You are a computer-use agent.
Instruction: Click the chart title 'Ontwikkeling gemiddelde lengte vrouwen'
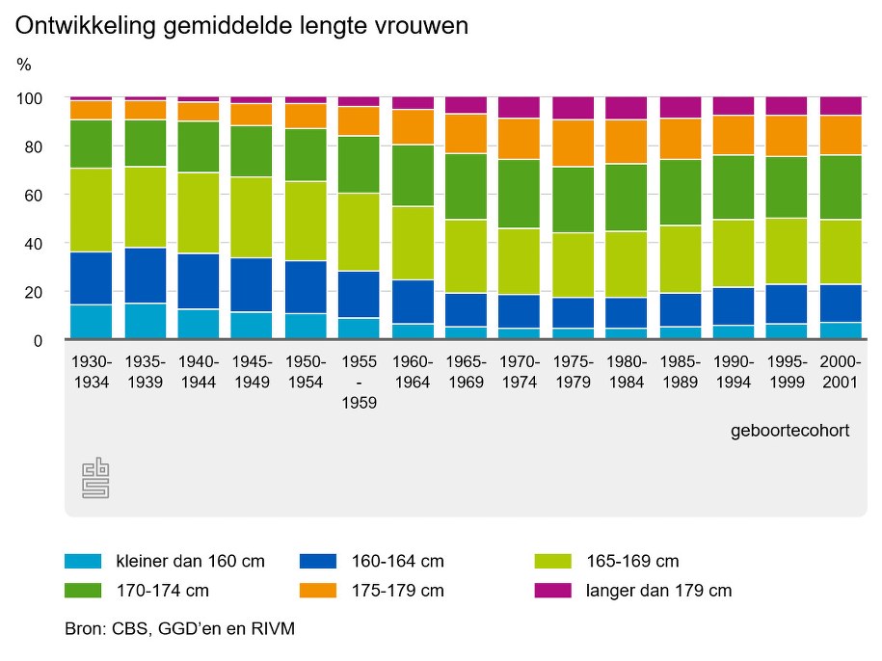point(241,26)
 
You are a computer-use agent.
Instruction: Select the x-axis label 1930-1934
point(93,370)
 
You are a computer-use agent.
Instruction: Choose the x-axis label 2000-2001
point(841,370)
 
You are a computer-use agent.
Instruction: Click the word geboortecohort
point(790,431)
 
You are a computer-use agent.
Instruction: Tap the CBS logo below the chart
point(95,478)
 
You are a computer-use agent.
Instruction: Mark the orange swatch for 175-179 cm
point(318,591)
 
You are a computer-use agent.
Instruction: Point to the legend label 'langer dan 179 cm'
point(658,591)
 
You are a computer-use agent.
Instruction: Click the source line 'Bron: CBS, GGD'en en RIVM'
point(179,629)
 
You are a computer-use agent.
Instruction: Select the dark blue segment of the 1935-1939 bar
point(146,276)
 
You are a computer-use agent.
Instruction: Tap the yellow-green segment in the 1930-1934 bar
point(92,210)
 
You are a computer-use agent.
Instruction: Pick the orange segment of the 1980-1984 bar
point(627,142)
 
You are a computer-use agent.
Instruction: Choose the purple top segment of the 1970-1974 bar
point(520,107)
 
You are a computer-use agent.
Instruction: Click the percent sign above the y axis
point(24,65)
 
